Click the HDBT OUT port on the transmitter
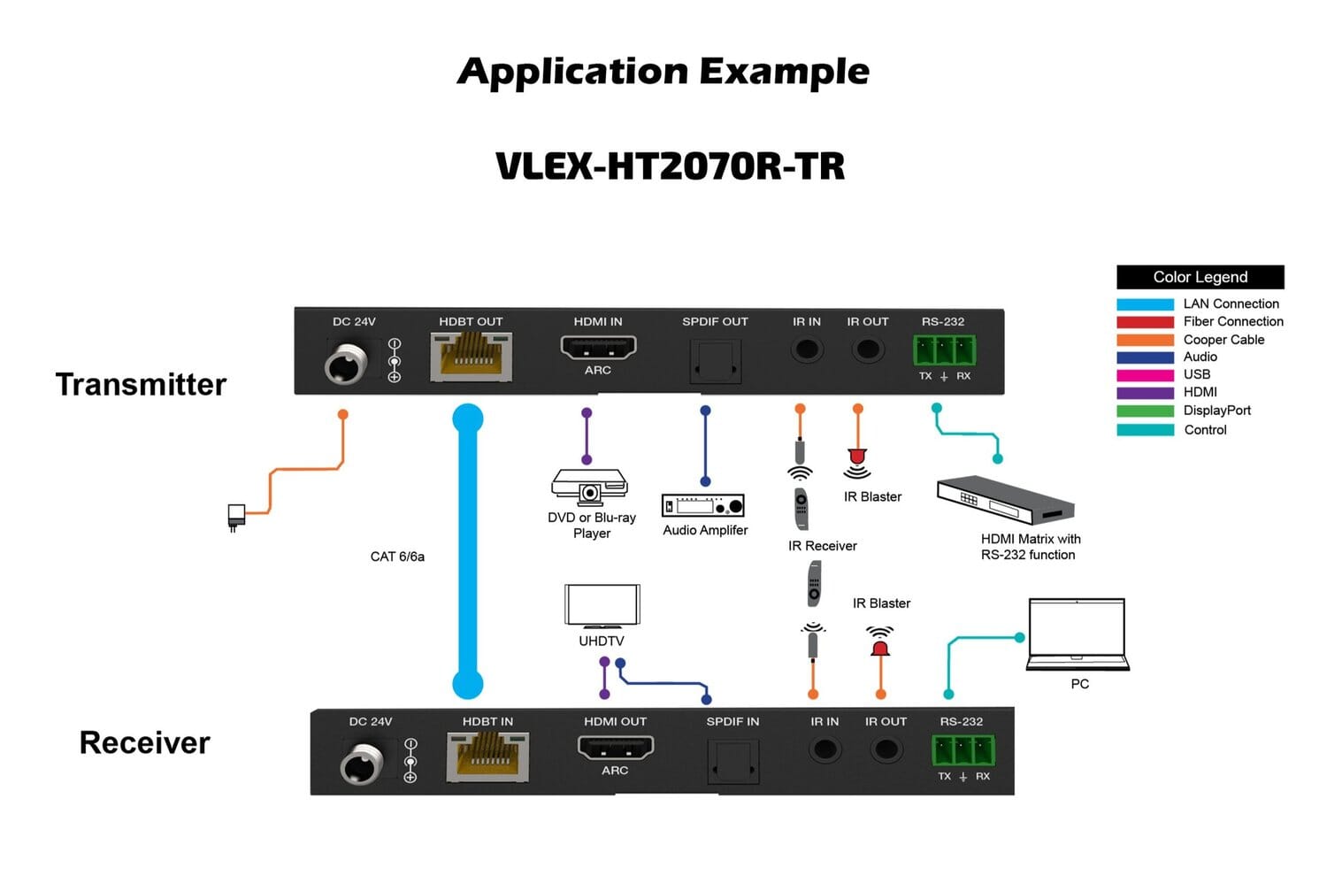[471, 357]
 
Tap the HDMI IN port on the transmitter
[598, 347]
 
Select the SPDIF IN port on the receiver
[733, 760]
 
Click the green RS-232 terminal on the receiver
[963, 751]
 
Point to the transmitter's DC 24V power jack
[346, 364]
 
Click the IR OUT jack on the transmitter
[868, 349]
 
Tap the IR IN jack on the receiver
[825, 749]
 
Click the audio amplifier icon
[703, 505]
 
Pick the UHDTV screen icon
[602, 606]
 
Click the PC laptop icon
[1078, 634]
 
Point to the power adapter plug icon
[236, 516]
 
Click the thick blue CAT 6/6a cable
[468, 549]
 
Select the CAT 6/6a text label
[397, 557]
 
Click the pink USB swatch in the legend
[1145, 375]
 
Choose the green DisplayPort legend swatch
[1145, 411]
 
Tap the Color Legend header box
[1200, 277]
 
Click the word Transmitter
[141, 385]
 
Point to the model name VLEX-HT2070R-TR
[670, 166]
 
